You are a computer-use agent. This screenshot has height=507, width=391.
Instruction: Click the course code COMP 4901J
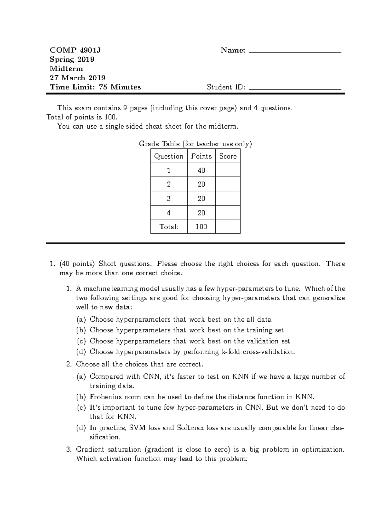pos(75,50)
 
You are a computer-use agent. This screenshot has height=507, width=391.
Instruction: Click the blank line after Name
pos(295,51)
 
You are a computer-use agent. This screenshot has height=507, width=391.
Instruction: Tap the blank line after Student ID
pos(295,88)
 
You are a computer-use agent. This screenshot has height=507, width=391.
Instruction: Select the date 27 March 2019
pos(77,78)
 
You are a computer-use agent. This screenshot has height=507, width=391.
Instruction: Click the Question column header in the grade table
pos(168,156)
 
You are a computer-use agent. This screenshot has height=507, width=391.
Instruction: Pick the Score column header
pos(228,156)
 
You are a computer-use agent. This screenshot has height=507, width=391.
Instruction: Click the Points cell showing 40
pos(201,170)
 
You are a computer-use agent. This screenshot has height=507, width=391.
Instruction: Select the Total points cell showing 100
pos(201,227)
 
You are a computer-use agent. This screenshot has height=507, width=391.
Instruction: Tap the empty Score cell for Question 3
pos(228,198)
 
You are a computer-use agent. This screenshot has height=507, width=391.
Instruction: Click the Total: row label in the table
pos(169,227)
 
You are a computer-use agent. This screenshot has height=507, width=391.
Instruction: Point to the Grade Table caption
pos(195,144)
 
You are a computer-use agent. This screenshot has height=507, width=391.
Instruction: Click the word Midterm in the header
pos(66,69)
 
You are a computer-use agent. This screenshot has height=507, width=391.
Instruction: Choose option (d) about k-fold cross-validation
pos(192,352)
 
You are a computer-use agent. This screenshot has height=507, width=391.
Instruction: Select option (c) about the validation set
pos(190,341)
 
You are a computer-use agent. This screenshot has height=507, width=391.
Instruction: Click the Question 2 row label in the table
pos(168,184)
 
